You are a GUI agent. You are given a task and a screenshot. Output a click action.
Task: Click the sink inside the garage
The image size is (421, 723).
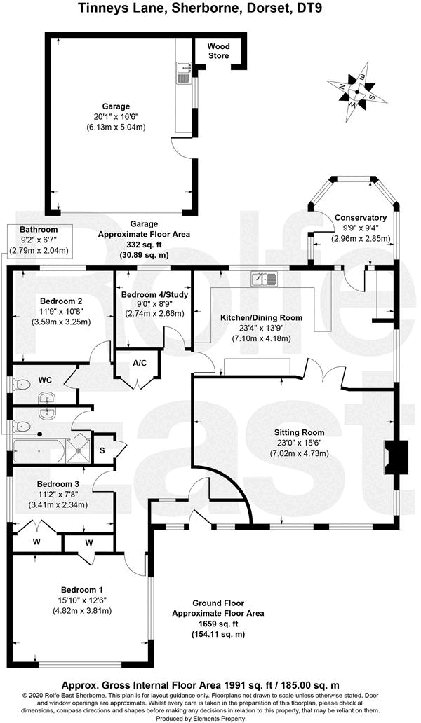point(185,71)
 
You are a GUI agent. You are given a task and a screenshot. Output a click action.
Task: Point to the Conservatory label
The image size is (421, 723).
point(360,218)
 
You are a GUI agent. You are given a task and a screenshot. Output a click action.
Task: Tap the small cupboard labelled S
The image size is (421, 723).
point(102,449)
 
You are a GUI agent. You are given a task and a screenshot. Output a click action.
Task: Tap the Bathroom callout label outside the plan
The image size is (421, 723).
point(39,229)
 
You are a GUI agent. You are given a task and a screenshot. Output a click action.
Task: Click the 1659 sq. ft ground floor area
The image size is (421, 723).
point(218,624)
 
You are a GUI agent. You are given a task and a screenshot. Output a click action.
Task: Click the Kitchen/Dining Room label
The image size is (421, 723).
point(261,317)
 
